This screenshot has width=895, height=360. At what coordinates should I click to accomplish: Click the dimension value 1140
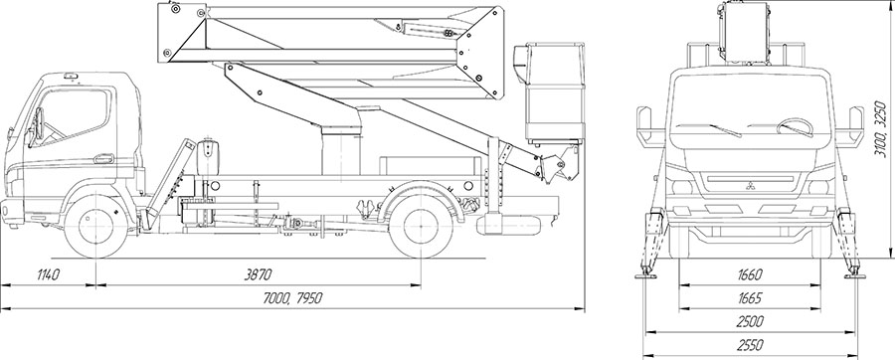49,275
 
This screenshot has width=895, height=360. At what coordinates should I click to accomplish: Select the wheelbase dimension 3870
258,275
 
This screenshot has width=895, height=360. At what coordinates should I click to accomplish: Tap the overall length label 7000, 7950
293,297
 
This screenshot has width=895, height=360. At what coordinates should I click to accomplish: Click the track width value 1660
750,275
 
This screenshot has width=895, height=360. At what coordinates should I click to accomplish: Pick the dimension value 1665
750,298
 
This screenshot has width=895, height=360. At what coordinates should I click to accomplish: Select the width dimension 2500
750,322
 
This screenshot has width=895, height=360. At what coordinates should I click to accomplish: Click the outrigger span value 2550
750,345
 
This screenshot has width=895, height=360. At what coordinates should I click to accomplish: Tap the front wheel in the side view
95,226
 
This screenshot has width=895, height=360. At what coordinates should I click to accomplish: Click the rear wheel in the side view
421,226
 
